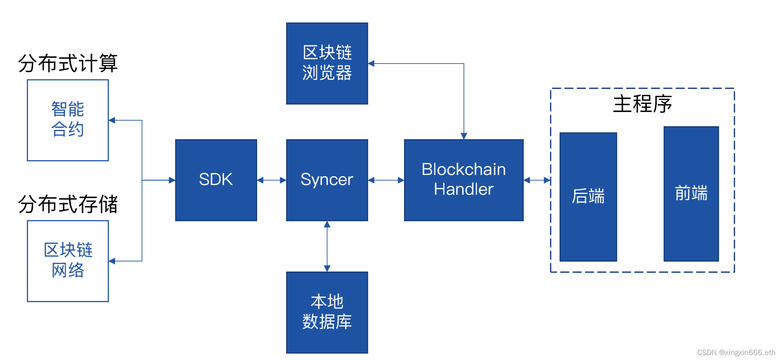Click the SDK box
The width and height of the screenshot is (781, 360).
216,180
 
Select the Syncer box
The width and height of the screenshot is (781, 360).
327,180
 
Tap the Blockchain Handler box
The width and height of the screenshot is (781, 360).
463,180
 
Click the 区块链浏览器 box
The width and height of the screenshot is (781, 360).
327,63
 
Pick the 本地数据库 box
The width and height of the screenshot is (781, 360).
327,312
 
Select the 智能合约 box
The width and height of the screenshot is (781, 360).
68,120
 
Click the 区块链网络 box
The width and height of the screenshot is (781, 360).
68,261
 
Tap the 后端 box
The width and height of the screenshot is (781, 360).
588,197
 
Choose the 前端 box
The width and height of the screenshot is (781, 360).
691,194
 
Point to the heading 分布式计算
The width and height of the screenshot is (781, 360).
68,63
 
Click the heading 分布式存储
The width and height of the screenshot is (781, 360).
68,204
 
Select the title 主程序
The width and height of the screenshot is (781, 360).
642,104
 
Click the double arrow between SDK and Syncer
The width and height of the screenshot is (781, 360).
271,180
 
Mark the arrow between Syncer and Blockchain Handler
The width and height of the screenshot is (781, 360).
386,180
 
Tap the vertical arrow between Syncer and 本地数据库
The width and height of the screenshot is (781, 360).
327,246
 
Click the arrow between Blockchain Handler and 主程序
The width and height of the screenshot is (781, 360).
537,180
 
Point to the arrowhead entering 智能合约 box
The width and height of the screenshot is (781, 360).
112,120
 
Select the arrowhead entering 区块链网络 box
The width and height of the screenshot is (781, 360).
112,261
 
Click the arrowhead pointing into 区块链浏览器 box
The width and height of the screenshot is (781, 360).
371,64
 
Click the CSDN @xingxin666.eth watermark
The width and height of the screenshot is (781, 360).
736,352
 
